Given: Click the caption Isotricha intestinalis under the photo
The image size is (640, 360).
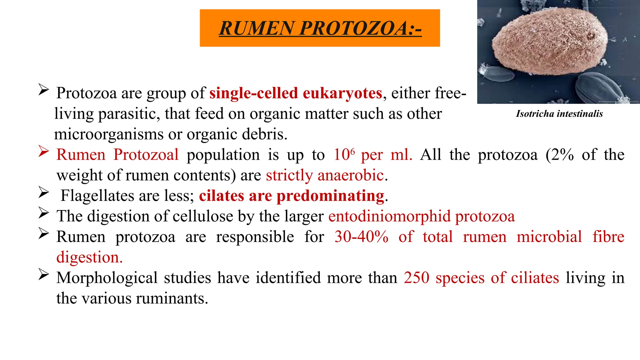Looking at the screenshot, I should [x=559, y=114].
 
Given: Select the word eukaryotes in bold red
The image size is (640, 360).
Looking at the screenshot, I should [x=342, y=93].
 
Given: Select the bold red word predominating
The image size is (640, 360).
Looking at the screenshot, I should [x=330, y=196].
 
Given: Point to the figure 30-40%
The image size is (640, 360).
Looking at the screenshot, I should [x=361, y=237].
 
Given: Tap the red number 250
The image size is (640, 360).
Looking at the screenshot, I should [x=416, y=278].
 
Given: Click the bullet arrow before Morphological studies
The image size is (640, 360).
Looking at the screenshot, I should [x=43, y=275].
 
